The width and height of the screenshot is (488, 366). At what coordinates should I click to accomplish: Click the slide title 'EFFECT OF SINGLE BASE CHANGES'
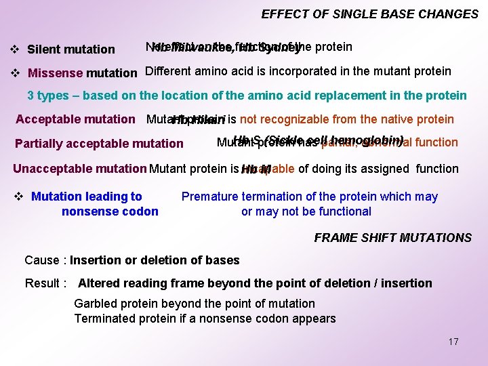(369, 14)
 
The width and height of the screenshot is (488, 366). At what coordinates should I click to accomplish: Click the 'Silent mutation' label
(70, 49)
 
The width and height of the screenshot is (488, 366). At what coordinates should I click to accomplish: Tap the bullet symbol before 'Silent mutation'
(14, 49)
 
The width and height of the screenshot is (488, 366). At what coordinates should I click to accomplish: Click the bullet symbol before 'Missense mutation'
(14, 73)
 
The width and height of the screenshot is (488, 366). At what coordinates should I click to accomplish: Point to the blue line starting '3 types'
(247, 96)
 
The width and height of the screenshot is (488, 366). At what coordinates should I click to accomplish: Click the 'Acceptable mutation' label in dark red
(75, 119)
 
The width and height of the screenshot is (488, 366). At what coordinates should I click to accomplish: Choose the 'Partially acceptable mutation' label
(99, 144)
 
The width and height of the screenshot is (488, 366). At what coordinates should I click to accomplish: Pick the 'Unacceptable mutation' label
(79, 169)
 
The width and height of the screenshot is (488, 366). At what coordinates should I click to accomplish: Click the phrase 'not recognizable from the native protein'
(346, 119)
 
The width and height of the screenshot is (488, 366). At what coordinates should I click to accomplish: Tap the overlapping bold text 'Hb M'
(256, 169)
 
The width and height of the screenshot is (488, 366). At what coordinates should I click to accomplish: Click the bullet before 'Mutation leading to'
(19, 197)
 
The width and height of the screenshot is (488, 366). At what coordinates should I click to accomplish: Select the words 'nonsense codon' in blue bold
(110, 211)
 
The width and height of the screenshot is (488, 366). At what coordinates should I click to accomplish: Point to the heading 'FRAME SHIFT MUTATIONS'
(392, 237)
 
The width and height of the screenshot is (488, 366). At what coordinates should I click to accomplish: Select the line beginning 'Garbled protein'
(195, 304)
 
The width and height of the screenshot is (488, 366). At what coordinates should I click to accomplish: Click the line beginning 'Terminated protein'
(205, 319)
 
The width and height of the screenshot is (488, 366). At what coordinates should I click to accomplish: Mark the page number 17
(453, 342)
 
